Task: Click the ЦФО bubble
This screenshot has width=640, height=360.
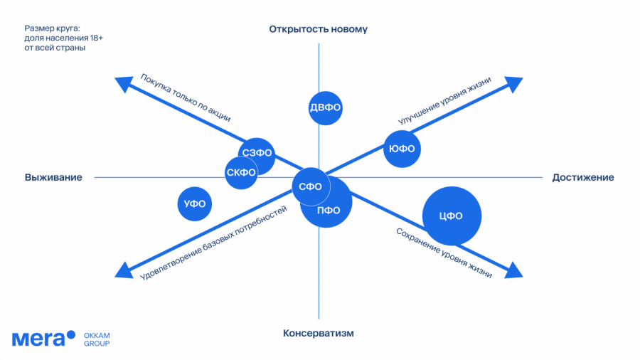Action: click(452, 216)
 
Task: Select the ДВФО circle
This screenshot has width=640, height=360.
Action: click(326, 108)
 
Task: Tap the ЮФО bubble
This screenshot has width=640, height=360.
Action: click(402, 149)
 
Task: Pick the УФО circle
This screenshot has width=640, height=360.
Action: click(195, 204)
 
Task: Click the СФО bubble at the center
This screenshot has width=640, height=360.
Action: click(310, 187)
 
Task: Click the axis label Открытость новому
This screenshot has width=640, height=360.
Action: click(318, 29)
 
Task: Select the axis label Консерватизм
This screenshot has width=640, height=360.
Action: click(318, 333)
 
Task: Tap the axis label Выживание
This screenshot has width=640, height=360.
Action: click(53, 177)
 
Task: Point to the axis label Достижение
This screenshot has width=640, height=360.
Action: click(583, 177)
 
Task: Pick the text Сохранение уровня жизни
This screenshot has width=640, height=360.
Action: click(444, 252)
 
